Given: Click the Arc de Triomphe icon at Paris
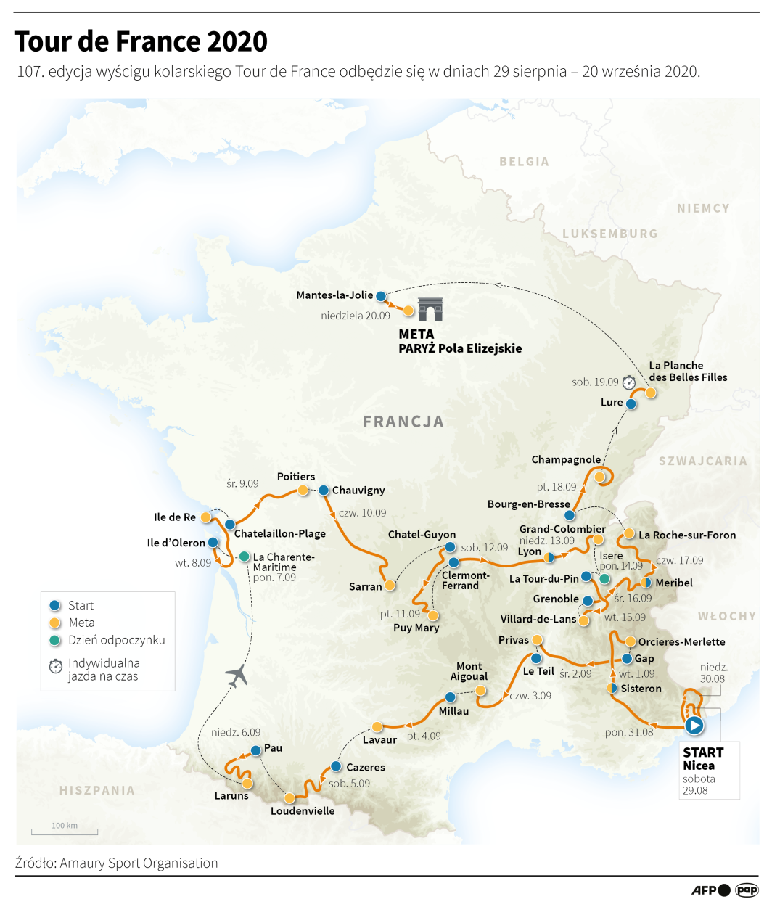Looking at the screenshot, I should point(430,310).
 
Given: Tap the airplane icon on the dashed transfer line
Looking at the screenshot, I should point(237,676).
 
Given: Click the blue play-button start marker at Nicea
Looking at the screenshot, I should point(694,725).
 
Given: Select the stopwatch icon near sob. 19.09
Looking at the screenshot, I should point(629,382).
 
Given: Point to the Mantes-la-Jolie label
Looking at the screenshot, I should point(334,295).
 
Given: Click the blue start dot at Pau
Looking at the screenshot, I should point(255,751).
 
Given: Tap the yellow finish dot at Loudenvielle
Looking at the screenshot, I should point(289,798).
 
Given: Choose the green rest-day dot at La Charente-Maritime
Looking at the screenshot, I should point(245,557).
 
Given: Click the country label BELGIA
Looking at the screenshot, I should point(524,162).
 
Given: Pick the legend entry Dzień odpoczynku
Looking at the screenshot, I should point(116,640).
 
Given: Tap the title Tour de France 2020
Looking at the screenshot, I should point(141,41).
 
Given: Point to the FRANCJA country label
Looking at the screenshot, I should point(403,422).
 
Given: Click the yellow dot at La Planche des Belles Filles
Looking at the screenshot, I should point(651,393).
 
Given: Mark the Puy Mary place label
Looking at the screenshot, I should point(416,628).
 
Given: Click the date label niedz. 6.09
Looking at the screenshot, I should point(236,732).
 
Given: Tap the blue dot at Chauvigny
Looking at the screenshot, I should point(324,491).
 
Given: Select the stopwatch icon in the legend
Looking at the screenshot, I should point(56,666).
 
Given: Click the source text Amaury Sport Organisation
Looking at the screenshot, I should point(139,863).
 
